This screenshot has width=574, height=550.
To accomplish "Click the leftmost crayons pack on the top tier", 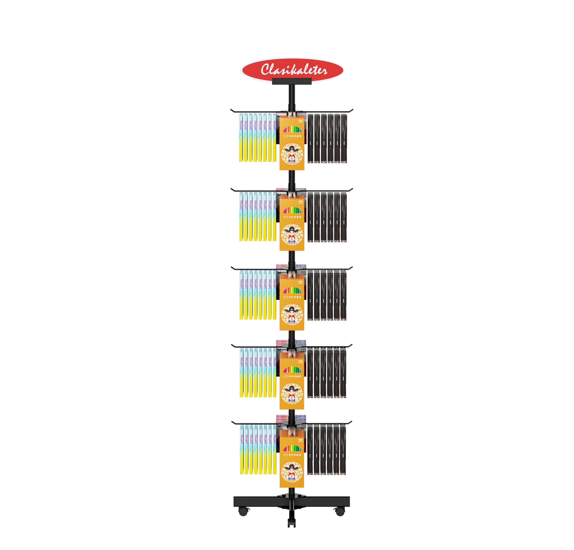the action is tap(241, 138).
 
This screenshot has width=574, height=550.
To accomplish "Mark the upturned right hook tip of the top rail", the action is tap(353, 110).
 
